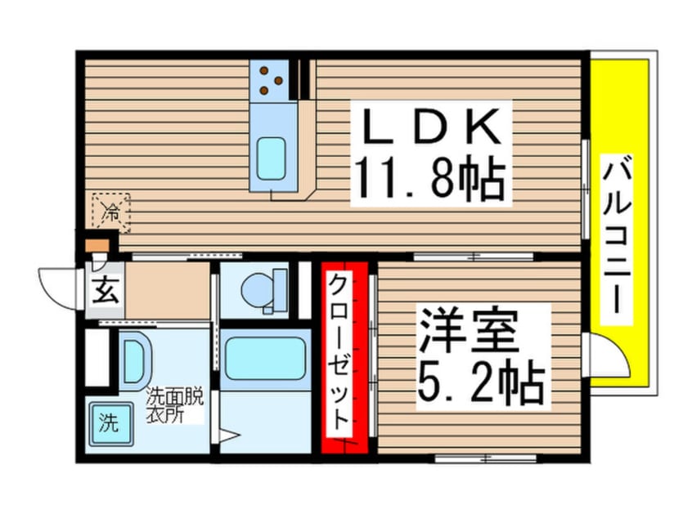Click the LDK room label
(431, 126)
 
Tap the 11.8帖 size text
(431, 178)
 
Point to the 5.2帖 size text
(480, 382)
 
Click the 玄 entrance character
(106, 290)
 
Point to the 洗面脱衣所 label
(175, 405)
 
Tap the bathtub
(265, 358)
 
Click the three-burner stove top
(270, 80)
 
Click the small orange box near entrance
(97, 246)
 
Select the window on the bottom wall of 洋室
(485, 458)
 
